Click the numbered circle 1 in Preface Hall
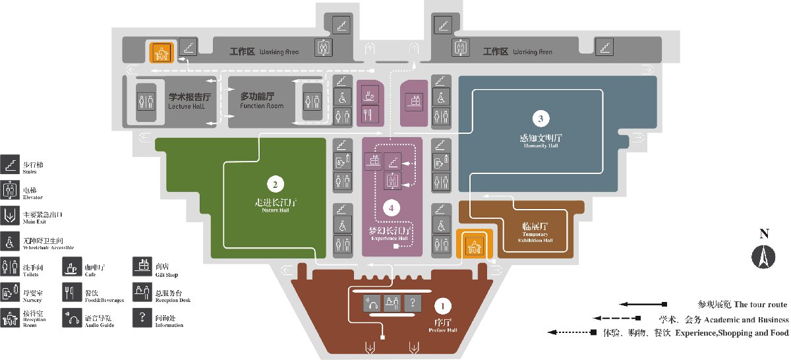[x=443, y=306]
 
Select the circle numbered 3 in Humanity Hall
[x=540, y=119]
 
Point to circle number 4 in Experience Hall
[x=392, y=208]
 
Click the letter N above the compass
[x=764, y=233]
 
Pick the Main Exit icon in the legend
[x=11, y=215]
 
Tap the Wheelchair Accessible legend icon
[x=11, y=241]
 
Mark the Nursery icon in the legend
[x=11, y=291]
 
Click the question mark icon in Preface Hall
[x=413, y=303]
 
